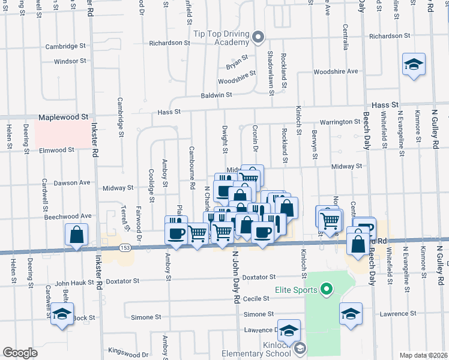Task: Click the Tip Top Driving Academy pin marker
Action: pos(259,38)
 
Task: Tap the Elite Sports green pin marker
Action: pos(327,290)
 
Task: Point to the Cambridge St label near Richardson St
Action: pos(66,46)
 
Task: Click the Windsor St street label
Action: pos(70,61)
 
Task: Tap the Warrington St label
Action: pos(340,122)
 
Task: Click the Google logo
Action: pos(20,352)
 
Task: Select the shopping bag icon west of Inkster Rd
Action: pos(77,234)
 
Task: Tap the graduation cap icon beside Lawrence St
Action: pos(351,313)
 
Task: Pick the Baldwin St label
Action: pos(216,95)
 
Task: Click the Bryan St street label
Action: pos(237,61)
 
